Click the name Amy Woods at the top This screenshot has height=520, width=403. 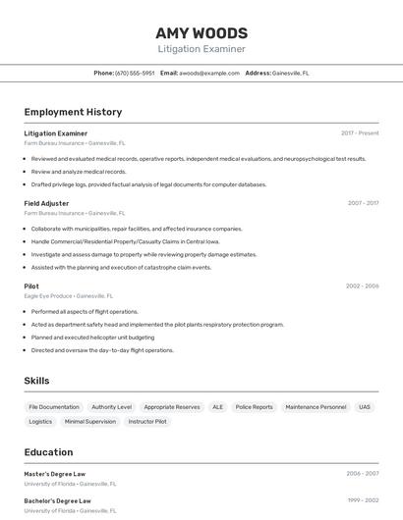(x=201, y=32)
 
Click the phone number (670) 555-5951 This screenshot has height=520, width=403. (x=135, y=73)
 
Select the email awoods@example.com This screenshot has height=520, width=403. (x=209, y=73)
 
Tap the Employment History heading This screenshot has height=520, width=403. (x=73, y=112)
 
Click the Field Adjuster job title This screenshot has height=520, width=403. (x=46, y=203)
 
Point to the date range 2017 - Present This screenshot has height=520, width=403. (x=360, y=132)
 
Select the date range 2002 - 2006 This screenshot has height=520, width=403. (x=362, y=286)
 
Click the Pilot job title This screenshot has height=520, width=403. (x=31, y=286)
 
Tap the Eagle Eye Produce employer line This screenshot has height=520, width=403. (x=68, y=295)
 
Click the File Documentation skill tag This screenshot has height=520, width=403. (x=54, y=406)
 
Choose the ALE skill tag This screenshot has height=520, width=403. (x=217, y=406)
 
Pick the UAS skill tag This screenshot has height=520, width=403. (x=365, y=406)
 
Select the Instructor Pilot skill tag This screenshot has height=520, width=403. (x=147, y=421)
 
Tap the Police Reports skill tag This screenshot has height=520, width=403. (x=255, y=406)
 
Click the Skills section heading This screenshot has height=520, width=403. (x=36, y=381)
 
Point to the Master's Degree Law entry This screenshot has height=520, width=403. (x=55, y=473)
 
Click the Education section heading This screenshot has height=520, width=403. (x=48, y=452)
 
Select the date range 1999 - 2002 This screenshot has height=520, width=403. (x=362, y=499)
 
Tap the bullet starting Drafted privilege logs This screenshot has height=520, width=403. (x=148, y=183)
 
